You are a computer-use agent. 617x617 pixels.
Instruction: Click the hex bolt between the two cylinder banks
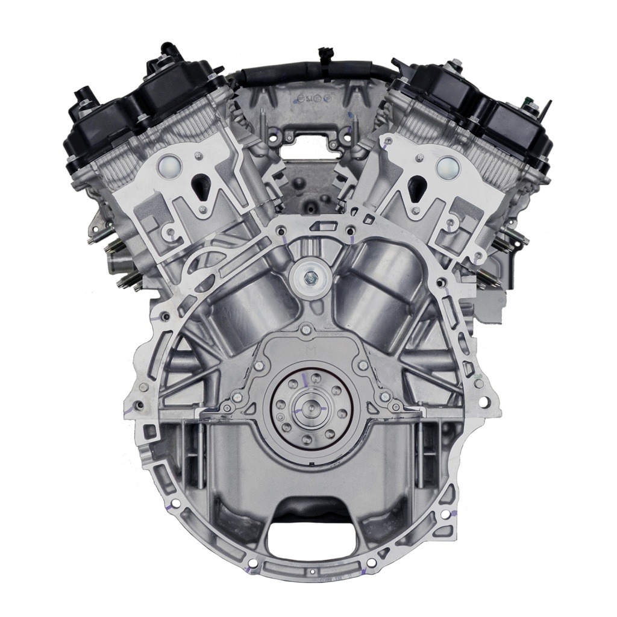click(308, 277)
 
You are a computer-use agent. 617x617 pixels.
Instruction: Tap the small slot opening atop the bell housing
click(321, 227)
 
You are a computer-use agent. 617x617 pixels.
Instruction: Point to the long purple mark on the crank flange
click(306, 380)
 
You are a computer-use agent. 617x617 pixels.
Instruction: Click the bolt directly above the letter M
click(305, 329)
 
